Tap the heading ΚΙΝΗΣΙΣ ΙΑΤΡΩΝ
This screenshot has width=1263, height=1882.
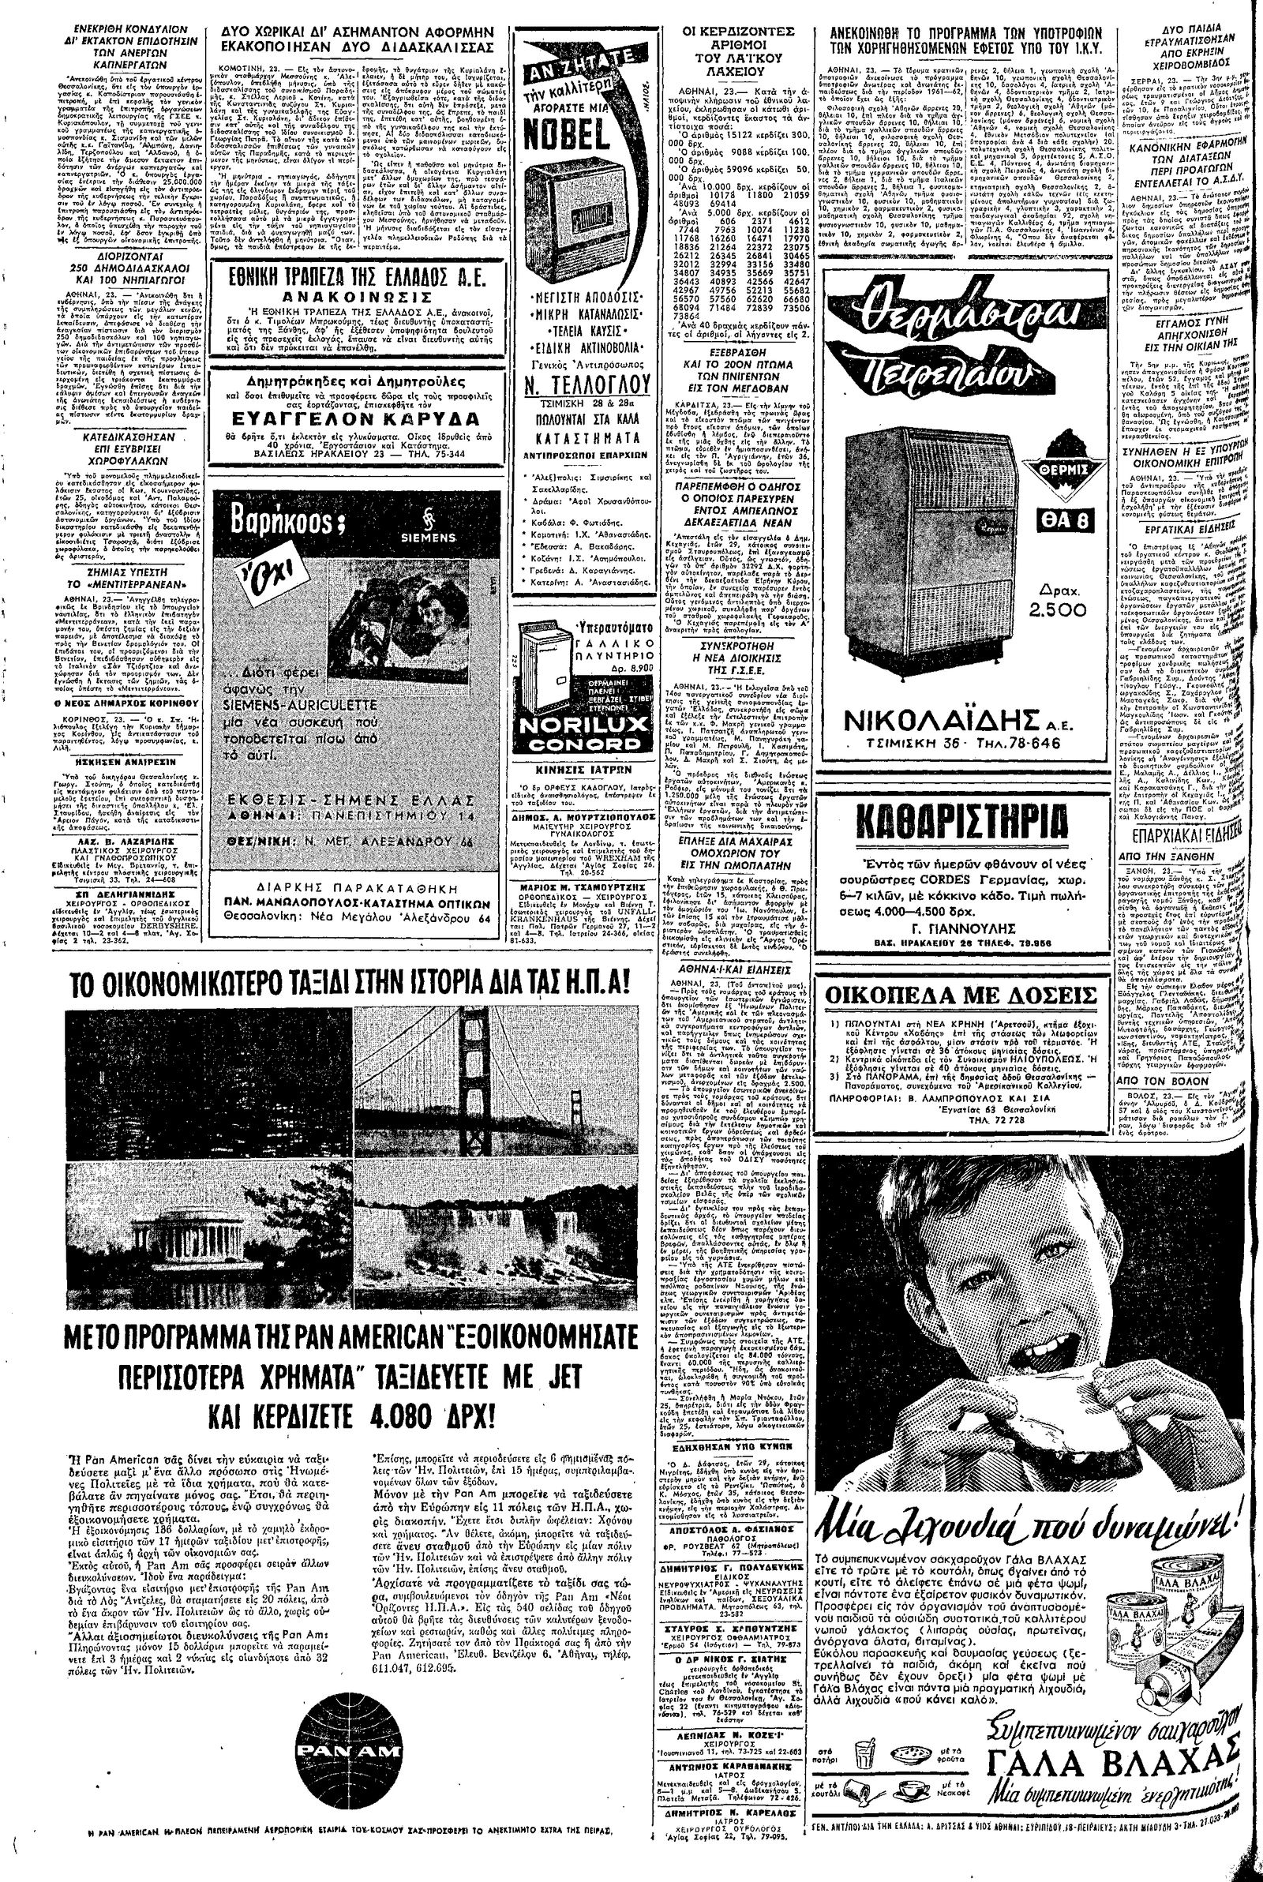(x=574, y=778)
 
